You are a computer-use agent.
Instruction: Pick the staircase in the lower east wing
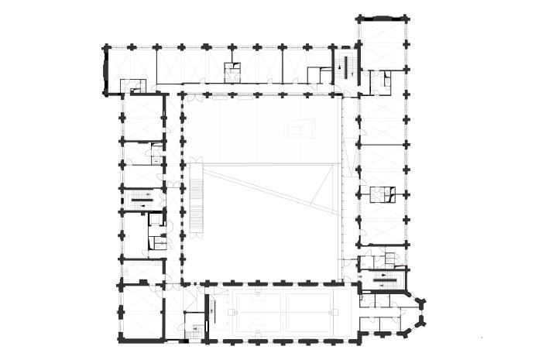pyautogui.click(x=384, y=276)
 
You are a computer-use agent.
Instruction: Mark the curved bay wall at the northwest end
pyautogui.click(x=105, y=70)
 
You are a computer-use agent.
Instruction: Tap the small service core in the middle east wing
pyautogui.click(x=381, y=194)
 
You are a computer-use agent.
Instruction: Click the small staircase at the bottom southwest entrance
pyautogui.click(x=197, y=331)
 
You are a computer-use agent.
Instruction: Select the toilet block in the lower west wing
pyautogui.click(x=156, y=230)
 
